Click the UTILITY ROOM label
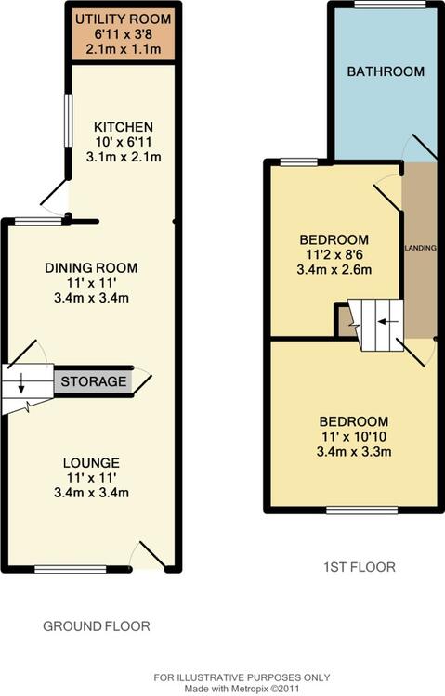pos(124,19)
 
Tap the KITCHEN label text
pos(124,127)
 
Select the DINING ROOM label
pos(91,267)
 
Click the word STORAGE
pos(94,381)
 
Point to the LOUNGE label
pos(91,463)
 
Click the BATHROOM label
pos(386,71)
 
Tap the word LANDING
pos(420,248)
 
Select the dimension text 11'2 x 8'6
pos(334,255)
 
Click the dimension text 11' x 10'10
pos(354,436)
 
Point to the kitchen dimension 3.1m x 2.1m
pos(124,157)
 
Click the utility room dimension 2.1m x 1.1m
pos(124,49)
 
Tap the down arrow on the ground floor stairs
pos(20,386)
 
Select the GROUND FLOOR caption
pos(97,626)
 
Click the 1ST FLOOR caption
pos(360,567)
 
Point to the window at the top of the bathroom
pos(390,5)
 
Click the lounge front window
pos(71,569)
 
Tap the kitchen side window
pos(68,121)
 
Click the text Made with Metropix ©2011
pos(242,688)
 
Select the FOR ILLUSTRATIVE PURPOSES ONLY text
pos(242,677)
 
